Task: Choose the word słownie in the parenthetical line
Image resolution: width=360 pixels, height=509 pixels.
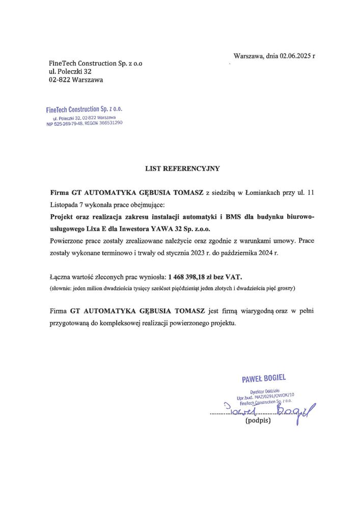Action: pos(62,289)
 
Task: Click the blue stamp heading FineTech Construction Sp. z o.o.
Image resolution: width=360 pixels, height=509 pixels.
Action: pos(84,109)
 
